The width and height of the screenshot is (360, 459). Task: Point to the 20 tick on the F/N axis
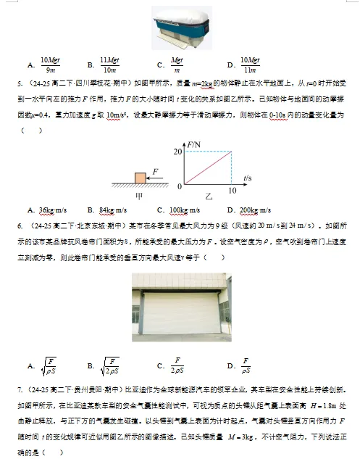coord(178,150)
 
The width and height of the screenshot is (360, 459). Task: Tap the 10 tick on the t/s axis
coord(232,191)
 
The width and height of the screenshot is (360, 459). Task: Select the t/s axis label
coord(247,178)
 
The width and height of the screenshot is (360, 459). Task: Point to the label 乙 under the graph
coord(209,197)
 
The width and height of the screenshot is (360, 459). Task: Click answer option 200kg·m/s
coord(259,210)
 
